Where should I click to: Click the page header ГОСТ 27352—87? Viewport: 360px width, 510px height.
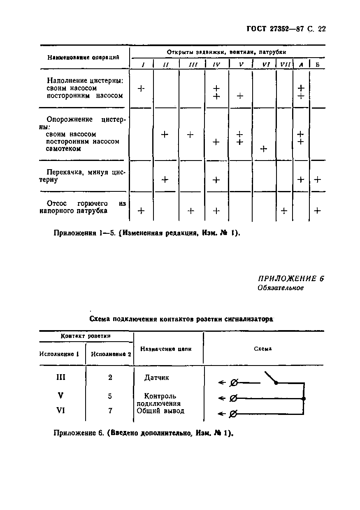point(286,29)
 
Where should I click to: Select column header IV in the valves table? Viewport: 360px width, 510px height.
point(216,65)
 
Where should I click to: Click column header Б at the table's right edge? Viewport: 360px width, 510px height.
point(317,65)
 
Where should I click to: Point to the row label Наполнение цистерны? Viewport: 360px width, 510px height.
point(85,81)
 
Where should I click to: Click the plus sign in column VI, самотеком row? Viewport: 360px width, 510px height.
point(264,149)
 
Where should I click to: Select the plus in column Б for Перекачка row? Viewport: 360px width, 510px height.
point(318,179)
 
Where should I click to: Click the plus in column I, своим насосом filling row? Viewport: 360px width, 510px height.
point(141,88)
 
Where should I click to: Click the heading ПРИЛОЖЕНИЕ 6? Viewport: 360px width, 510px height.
point(291,279)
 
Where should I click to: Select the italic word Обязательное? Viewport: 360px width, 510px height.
point(281,288)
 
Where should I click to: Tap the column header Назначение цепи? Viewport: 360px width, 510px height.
point(166,349)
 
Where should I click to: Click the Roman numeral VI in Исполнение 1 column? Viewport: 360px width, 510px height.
point(61,410)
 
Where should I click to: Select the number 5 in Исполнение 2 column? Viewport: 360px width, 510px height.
point(110,396)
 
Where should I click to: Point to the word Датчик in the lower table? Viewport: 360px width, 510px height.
point(156,377)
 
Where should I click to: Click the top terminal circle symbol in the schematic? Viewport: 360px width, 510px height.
point(234,383)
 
